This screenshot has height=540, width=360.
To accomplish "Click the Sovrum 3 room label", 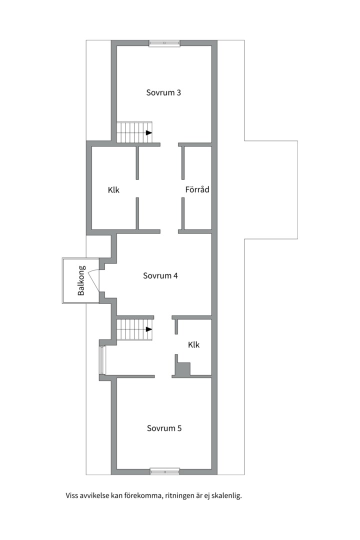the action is [x=163, y=92].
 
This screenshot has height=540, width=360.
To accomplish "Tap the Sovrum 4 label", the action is [x=160, y=275].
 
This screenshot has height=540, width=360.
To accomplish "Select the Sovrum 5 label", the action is [x=164, y=428].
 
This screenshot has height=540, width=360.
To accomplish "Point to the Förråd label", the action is [x=197, y=189].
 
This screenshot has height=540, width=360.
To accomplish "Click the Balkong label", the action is [x=81, y=280].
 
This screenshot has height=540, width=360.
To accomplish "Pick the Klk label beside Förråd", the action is [x=113, y=190].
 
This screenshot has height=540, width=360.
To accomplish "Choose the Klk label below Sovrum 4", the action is [x=194, y=344].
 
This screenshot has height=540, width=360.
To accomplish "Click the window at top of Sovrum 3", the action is [x=164, y=43].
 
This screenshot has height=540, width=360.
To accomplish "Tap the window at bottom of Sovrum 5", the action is [x=165, y=471].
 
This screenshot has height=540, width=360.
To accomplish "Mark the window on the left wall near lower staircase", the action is [x=102, y=360].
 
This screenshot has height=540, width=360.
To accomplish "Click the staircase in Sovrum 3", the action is [x=134, y=132].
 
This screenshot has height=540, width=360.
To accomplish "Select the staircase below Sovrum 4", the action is [x=134, y=329].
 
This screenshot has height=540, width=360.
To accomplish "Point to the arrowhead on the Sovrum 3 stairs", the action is [x=149, y=132].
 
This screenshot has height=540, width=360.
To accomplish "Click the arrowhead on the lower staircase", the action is [x=149, y=329].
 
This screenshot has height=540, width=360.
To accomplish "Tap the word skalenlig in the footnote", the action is [x=227, y=496].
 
